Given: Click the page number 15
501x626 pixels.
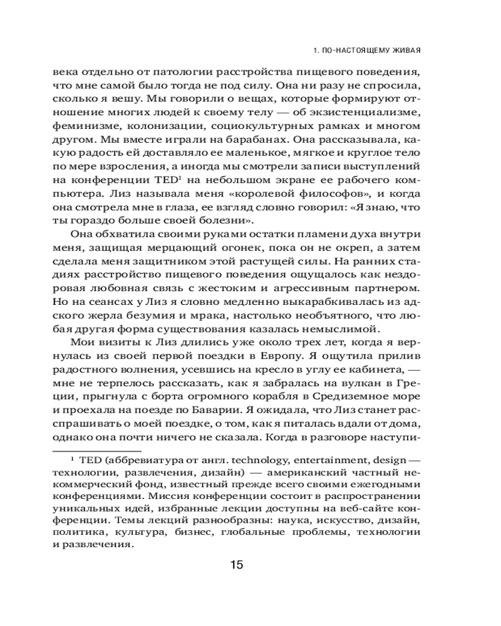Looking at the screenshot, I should tap(236, 565).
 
